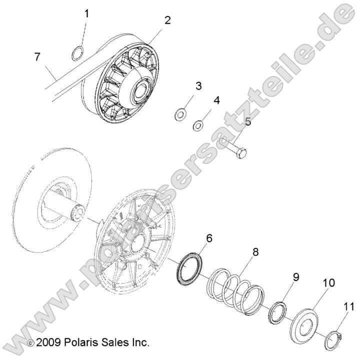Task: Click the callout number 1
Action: coord(86,13)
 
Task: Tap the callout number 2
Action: coord(167,20)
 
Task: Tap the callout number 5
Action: coord(247,121)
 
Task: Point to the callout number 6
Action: coord(208,238)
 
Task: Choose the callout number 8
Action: coord(255,252)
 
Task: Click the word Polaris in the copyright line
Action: coord(86,342)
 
